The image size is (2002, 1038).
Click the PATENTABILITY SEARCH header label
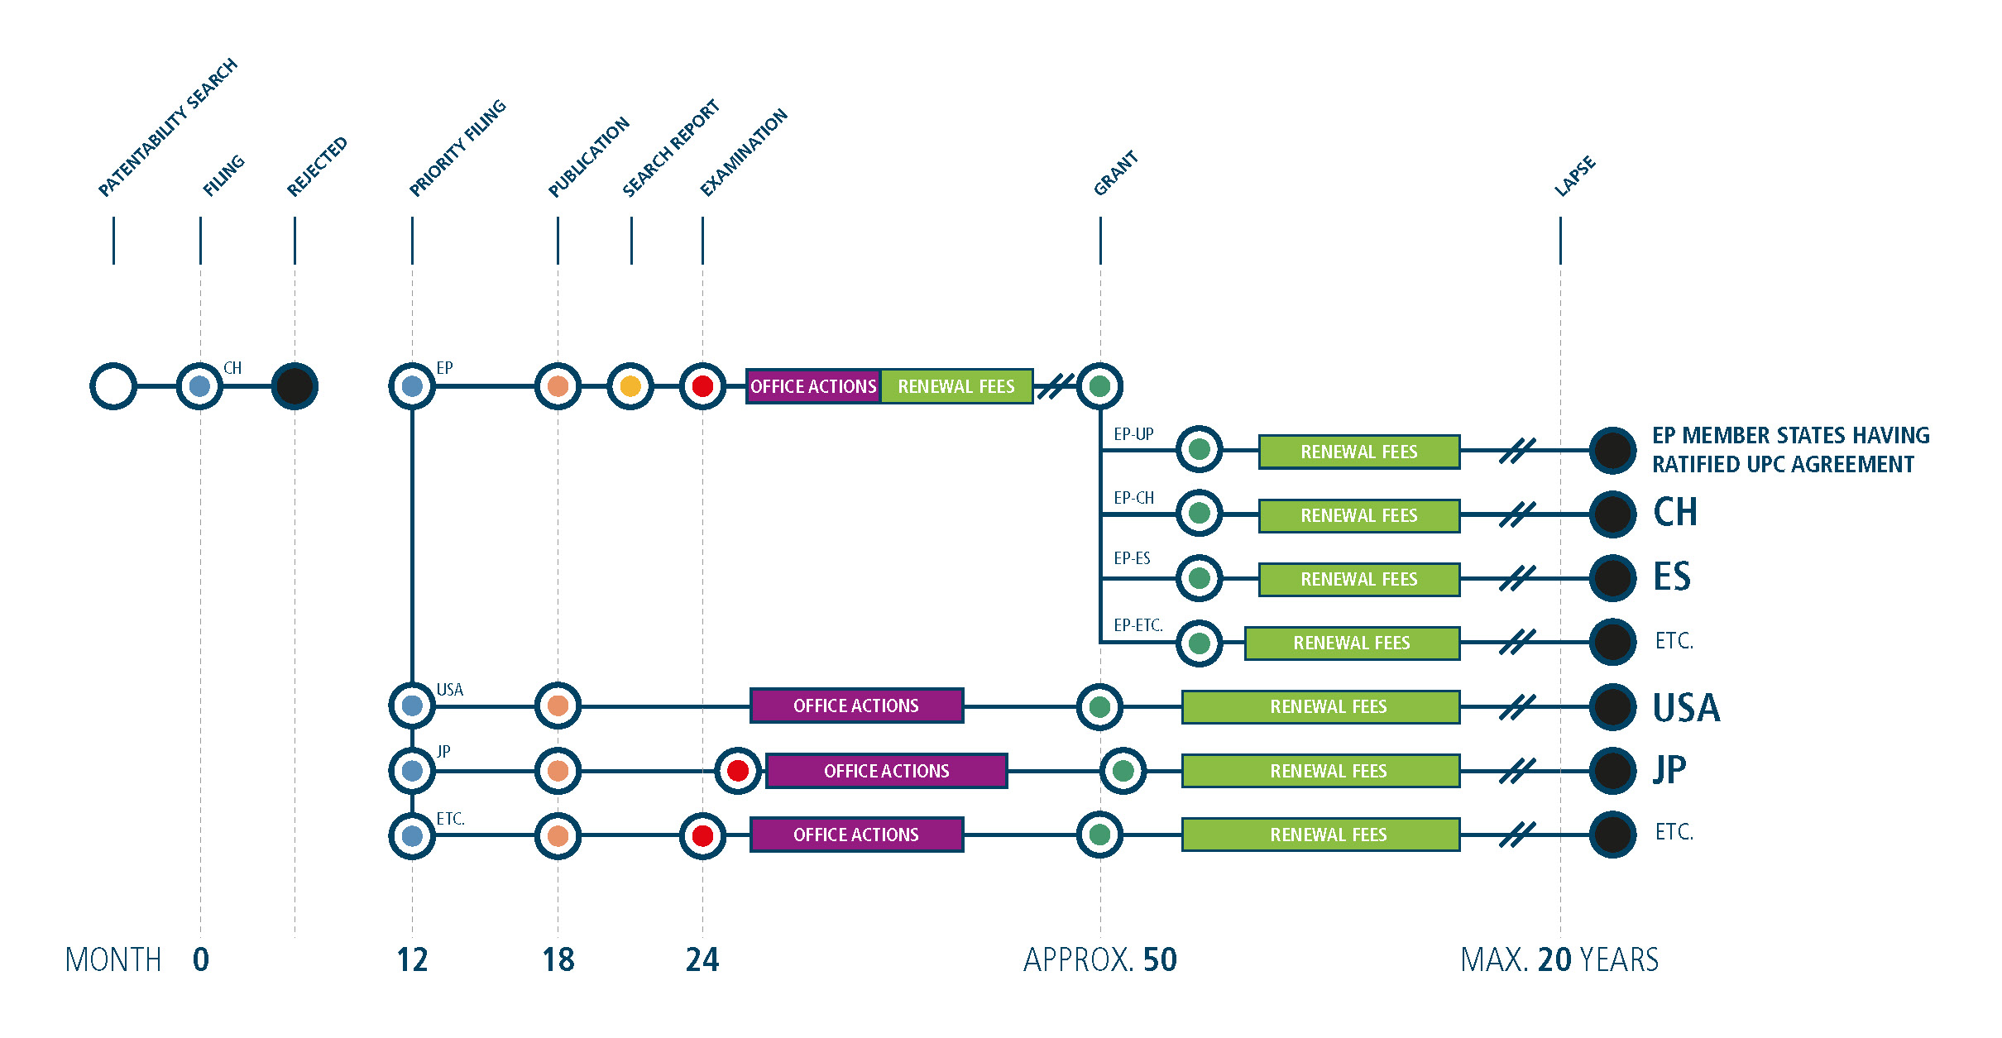pyautogui.click(x=167, y=127)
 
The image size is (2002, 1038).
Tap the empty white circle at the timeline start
pyautogui.click(x=113, y=386)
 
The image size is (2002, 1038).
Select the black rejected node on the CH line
pyautogui.click(x=295, y=386)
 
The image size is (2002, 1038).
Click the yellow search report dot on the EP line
pyautogui.click(x=630, y=386)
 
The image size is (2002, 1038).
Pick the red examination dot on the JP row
pyautogui.click(x=738, y=771)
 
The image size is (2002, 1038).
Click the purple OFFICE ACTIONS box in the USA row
pyautogui.click(x=856, y=706)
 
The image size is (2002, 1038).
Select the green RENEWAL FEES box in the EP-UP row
pyautogui.click(x=1359, y=452)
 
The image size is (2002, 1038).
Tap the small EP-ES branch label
pyautogui.click(x=1132, y=558)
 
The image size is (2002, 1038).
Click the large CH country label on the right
pyautogui.click(x=1675, y=512)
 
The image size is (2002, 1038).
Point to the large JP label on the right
pyautogui.click(x=1669, y=770)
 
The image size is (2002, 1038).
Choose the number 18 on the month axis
pyautogui.click(x=558, y=959)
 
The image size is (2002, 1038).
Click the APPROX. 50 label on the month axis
pyautogui.click(x=1100, y=959)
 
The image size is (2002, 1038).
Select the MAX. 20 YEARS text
pyautogui.click(x=1559, y=959)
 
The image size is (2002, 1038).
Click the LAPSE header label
pyautogui.click(x=1574, y=176)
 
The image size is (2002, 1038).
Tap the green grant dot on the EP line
pyautogui.click(x=1099, y=386)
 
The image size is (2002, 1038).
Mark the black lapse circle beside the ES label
pyautogui.click(x=1612, y=577)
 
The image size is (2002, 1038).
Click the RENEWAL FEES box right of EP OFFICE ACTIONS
pyautogui.click(x=956, y=386)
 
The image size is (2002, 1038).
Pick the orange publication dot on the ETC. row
pyautogui.click(x=558, y=835)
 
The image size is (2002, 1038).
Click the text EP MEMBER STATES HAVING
pyautogui.click(x=1791, y=435)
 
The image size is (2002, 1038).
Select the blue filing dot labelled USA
pyautogui.click(x=412, y=706)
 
